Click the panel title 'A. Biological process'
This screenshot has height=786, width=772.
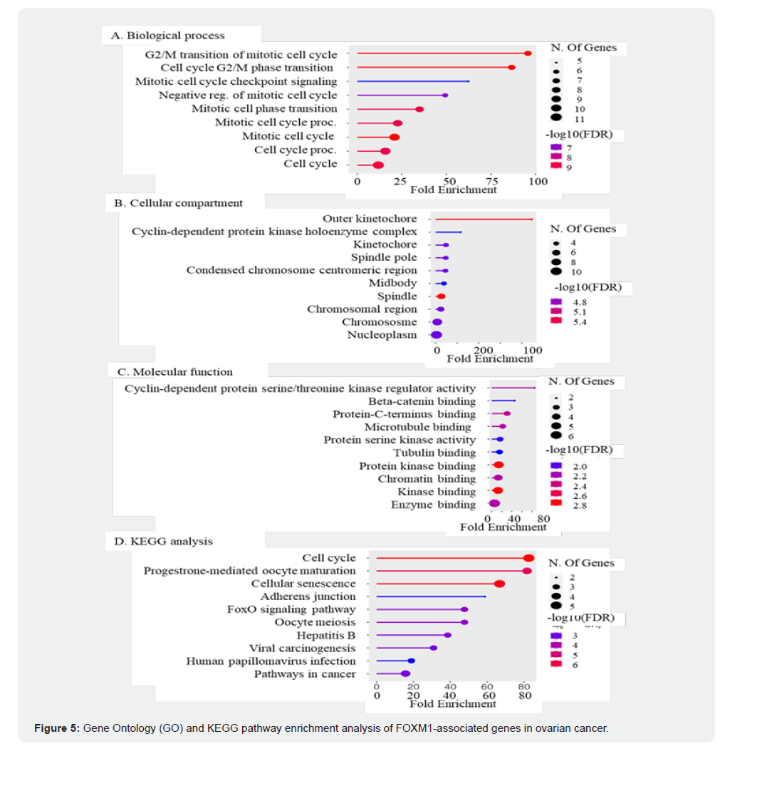pos(167,35)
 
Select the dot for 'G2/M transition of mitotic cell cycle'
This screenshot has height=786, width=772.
pos(528,53)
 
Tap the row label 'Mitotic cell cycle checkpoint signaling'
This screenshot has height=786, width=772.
pos(236,81)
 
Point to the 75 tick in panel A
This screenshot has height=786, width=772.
pos(491,181)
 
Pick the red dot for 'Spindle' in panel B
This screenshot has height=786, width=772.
pos(441,296)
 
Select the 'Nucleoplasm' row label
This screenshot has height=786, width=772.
pos(382,334)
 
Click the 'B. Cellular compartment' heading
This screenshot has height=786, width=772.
pos(178,202)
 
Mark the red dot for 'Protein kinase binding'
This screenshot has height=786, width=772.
pos(499,465)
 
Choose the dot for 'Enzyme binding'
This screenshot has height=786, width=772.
pos(494,504)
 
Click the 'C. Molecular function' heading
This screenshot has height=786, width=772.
pos(174,371)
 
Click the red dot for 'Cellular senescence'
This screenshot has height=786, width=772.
pos(499,584)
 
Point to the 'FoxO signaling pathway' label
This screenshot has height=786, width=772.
pos(291,609)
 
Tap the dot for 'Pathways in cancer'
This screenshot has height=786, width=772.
pos(405,673)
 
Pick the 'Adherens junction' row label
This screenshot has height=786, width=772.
pos(308,596)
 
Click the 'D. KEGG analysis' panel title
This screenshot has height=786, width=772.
pos(163,541)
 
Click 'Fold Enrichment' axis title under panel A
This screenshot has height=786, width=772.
pos(453,190)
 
